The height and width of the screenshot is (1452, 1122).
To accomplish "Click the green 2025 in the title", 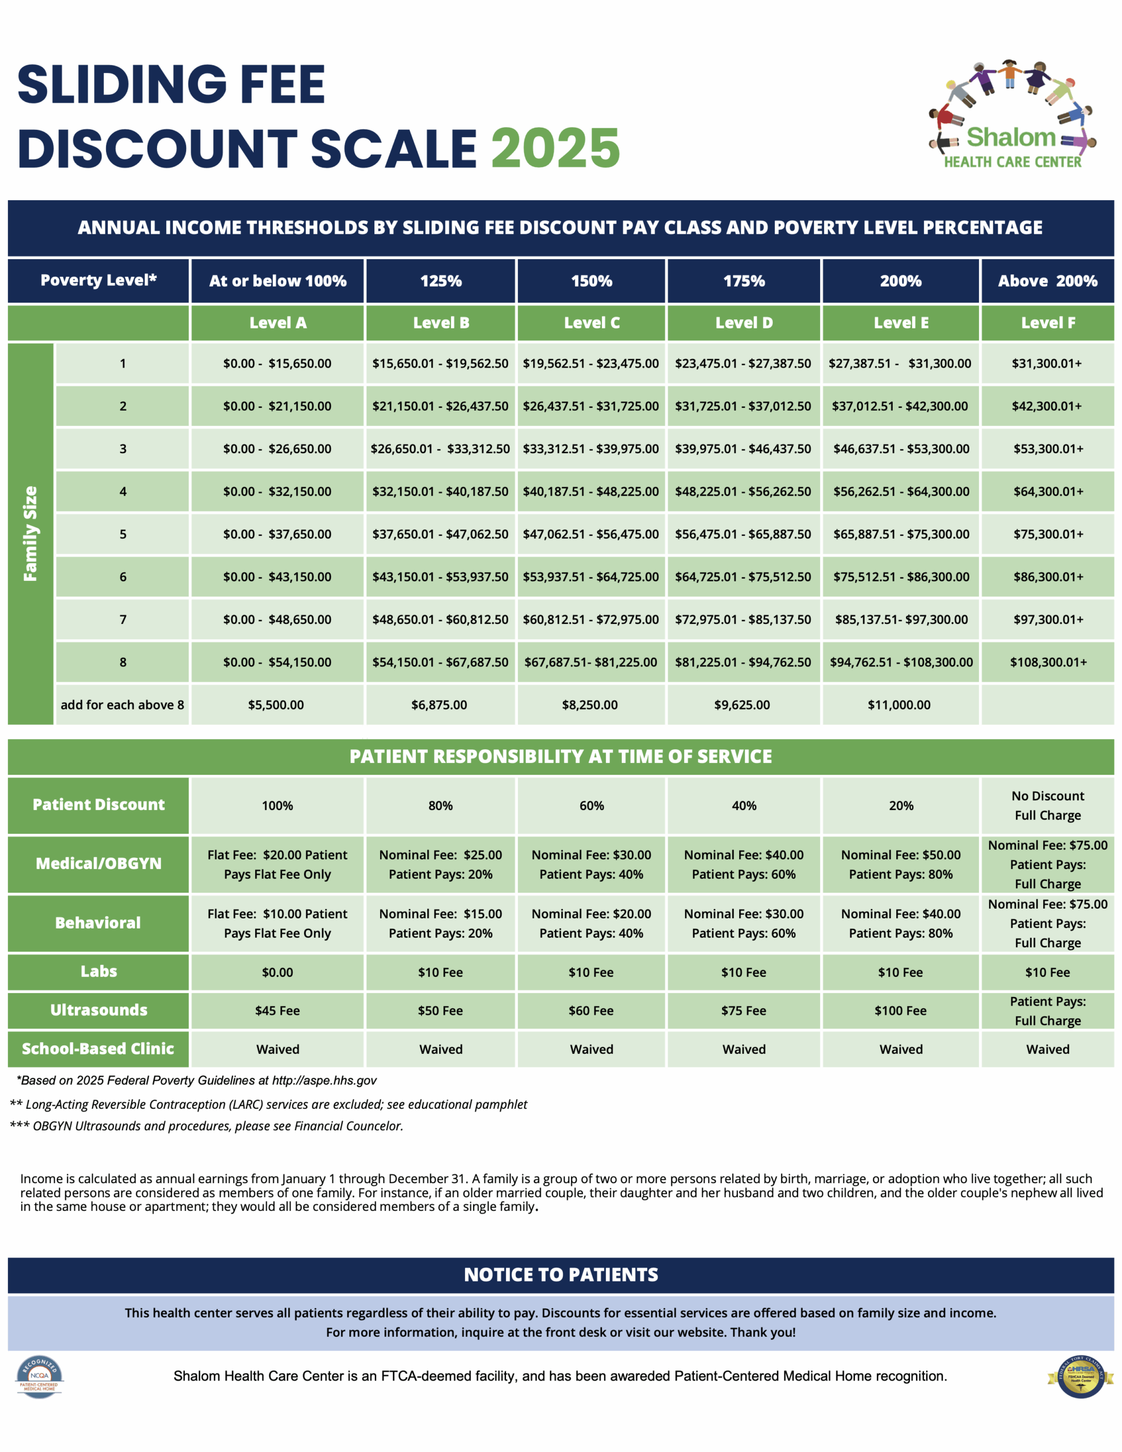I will pos(555,147).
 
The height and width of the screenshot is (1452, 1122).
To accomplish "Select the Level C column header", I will pos(591,323).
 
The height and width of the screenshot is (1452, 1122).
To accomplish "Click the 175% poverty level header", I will pos(744,281).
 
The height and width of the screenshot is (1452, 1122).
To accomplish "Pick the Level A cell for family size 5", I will pos(277,534).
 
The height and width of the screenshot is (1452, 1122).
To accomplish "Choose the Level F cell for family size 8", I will pos(1048,662).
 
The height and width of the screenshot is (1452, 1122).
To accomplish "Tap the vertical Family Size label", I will pos(31,533).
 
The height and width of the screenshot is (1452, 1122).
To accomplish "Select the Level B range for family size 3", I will pos(440,449).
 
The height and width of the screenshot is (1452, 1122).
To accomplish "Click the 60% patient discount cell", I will pos(591,806).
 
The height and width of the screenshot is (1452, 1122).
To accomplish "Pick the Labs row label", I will pos(99,972).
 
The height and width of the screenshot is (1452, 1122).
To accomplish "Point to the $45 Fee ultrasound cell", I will pos(277,1011).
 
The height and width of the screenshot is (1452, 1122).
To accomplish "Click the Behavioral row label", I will pos(99,923).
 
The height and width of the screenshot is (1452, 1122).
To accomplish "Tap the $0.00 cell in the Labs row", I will pos(277,973).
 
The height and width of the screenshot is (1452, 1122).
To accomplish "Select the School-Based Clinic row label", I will pos(99,1049).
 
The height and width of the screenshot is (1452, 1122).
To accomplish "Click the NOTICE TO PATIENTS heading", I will pos(560,1275).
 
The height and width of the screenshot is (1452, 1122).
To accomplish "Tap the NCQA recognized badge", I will pos(39,1377).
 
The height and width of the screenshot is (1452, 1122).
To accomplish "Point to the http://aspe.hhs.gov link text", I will pos(324,1080).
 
